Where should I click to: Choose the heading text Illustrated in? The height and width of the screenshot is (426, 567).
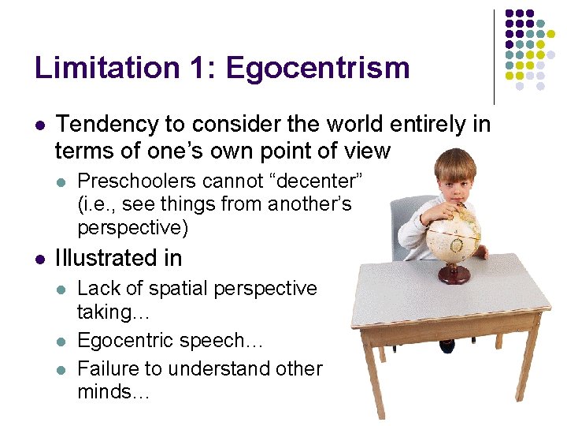[x=118, y=258]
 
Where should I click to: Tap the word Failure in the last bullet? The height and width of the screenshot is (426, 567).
[x=108, y=368]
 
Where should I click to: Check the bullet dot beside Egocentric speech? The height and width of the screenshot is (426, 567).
[x=64, y=342]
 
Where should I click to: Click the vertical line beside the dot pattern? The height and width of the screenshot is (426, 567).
[x=494, y=55]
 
